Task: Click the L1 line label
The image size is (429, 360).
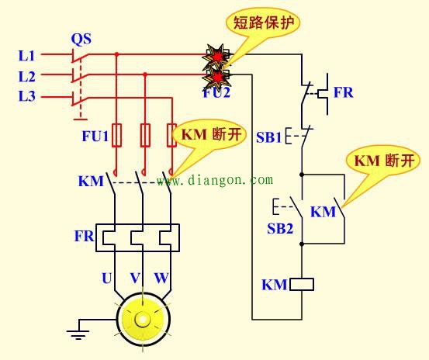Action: click(x=27, y=56)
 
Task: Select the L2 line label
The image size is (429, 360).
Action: click(x=27, y=76)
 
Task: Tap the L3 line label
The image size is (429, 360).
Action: click(x=27, y=97)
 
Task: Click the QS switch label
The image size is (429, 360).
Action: click(x=81, y=38)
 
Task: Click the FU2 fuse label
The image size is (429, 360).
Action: click(x=218, y=92)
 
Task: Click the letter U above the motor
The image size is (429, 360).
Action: click(x=106, y=277)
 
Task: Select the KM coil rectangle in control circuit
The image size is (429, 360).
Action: click(x=301, y=285)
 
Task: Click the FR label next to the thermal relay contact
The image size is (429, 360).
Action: click(x=343, y=92)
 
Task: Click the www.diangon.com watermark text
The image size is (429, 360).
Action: click(x=215, y=180)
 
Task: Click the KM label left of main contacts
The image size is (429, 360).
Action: click(x=91, y=182)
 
